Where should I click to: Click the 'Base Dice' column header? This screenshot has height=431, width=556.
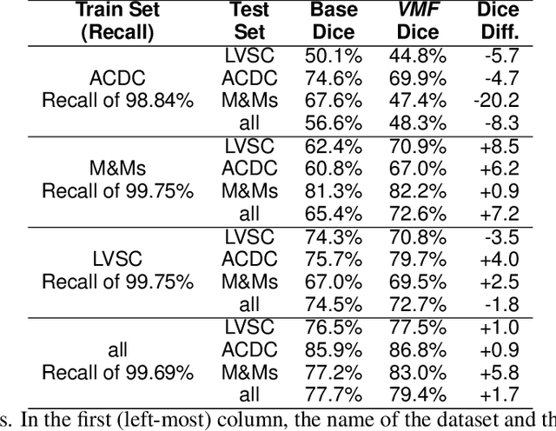[334, 22]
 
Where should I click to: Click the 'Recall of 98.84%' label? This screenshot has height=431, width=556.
[118, 100]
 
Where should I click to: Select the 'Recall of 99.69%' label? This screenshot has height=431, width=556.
[118, 373]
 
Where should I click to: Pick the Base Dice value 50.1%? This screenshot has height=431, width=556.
[334, 55]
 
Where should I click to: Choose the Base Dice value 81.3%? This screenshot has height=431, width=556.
[334, 190]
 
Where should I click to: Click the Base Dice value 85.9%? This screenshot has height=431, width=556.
[334, 350]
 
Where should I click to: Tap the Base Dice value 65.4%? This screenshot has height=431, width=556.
[334, 213]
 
